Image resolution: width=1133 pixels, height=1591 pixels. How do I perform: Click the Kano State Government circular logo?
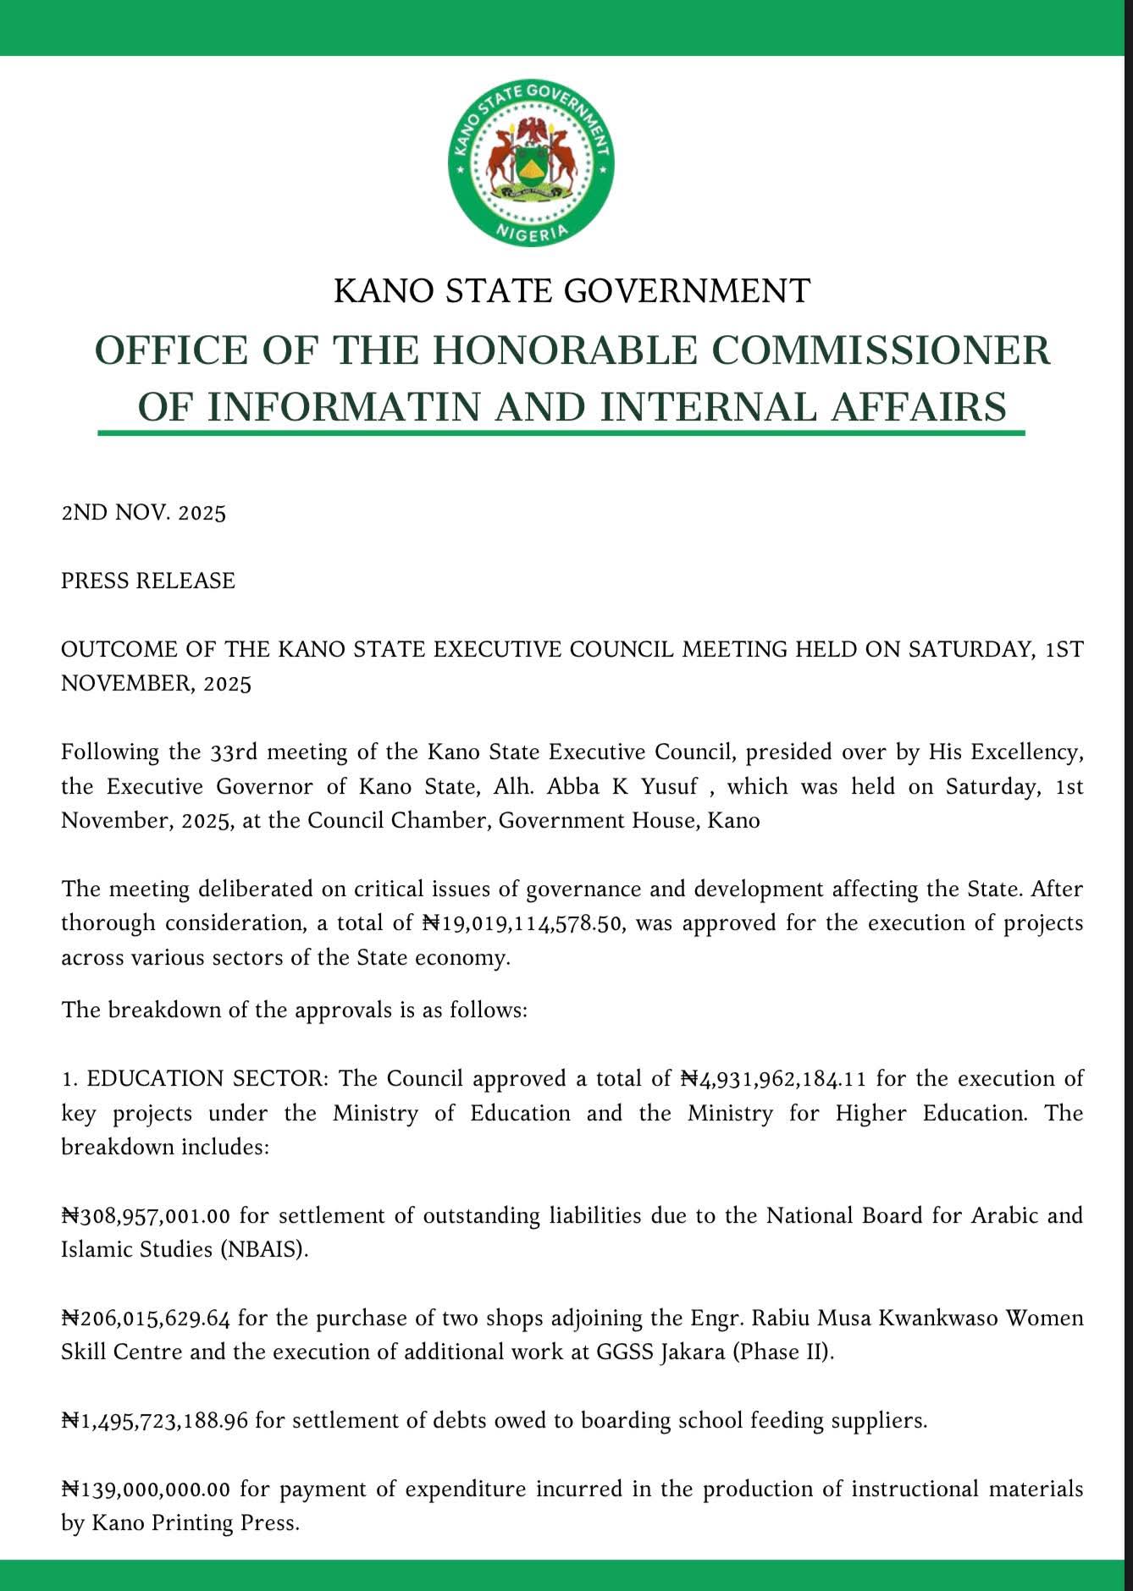(x=531, y=163)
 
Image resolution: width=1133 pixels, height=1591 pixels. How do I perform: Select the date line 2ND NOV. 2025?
(x=143, y=513)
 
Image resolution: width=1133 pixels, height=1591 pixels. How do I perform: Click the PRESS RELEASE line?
(x=148, y=581)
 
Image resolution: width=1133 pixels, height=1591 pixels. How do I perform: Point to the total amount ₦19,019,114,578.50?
(x=524, y=922)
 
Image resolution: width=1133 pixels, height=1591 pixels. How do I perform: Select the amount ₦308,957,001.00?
(x=146, y=1215)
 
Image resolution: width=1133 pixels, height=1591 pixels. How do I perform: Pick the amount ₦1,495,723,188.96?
(x=154, y=1420)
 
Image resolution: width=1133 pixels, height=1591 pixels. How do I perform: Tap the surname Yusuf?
(x=670, y=786)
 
